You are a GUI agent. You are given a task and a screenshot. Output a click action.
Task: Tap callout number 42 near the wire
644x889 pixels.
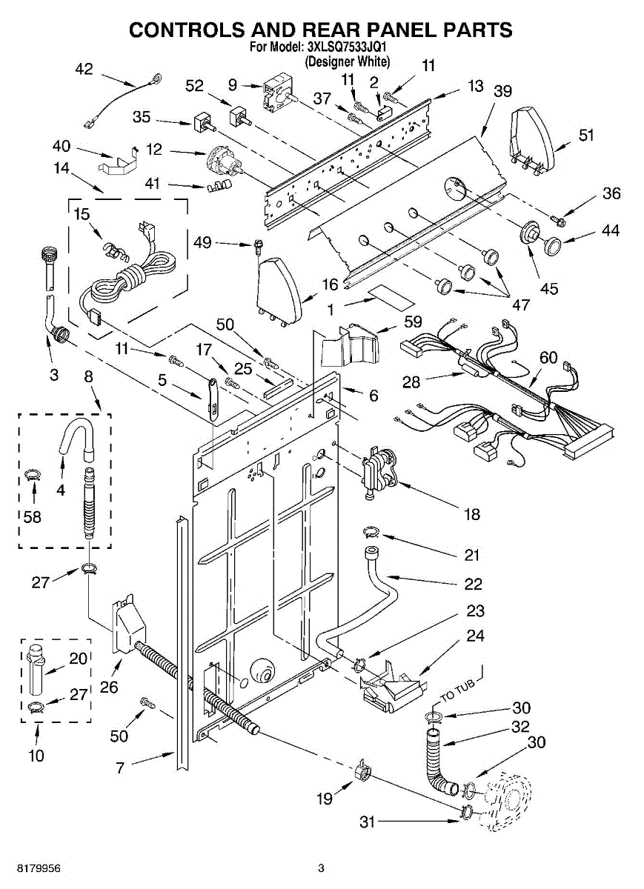84,69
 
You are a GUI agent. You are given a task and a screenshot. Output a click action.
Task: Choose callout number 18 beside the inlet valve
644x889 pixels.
472,513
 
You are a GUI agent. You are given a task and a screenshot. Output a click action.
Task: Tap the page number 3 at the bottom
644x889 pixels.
321,868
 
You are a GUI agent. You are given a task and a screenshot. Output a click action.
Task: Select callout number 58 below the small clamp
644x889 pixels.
33,517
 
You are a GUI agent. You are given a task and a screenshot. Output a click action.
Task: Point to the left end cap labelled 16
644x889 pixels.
280,289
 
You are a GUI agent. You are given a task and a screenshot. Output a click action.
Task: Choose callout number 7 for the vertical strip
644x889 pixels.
120,768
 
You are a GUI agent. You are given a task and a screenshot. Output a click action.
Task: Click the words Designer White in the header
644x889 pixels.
348,62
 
